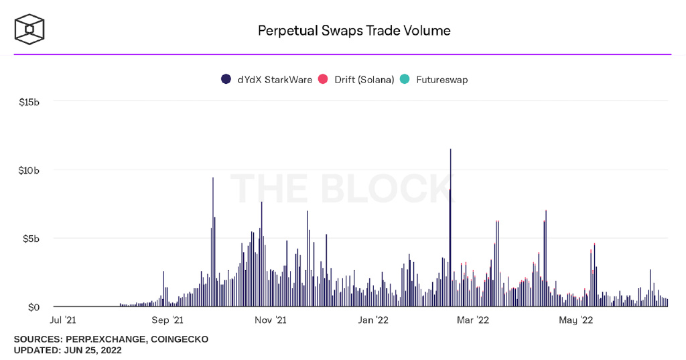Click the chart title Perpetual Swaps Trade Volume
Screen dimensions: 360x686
click(x=354, y=31)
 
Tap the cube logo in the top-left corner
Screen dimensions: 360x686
click(x=30, y=29)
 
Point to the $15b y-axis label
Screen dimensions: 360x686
click(x=29, y=102)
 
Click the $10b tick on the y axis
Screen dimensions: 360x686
click(x=29, y=170)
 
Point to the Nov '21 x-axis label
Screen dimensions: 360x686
click(x=271, y=320)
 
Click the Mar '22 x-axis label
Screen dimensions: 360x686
click(x=473, y=320)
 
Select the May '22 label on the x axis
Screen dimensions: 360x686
click(x=576, y=320)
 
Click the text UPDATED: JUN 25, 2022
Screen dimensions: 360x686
click(x=68, y=350)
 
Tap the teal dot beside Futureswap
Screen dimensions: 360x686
click(x=405, y=80)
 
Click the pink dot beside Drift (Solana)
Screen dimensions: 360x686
click(x=322, y=80)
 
